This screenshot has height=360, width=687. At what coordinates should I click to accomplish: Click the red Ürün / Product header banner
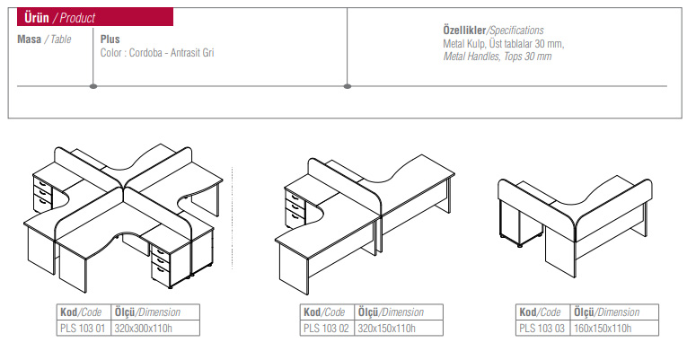(x=95, y=17)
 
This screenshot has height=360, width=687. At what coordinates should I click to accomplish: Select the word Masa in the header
(x=30, y=40)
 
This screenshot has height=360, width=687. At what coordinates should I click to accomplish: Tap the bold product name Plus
(x=110, y=40)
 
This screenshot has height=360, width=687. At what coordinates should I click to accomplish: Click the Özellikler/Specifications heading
(x=493, y=31)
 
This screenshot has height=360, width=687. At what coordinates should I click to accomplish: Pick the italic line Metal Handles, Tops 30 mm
(x=498, y=57)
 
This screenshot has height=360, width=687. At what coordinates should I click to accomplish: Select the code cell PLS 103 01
(x=83, y=329)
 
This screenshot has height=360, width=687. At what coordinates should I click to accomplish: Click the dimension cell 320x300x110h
(x=144, y=329)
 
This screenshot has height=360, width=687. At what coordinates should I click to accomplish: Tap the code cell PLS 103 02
(x=326, y=329)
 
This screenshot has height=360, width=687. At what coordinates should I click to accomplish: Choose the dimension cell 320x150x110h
(x=387, y=329)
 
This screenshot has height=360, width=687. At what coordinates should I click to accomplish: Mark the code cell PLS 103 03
(x=542, y=329)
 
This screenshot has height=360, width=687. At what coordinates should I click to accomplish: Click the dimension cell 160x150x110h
(x=603, y=329)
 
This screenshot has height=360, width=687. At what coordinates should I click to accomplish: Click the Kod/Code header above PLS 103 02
(x=324, y=312)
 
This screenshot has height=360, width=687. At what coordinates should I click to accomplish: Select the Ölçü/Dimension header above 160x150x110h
(x=607, y=312)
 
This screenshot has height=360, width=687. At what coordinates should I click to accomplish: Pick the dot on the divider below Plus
(x=93, y=86)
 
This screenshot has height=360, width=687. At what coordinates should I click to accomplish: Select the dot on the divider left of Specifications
(x=348, y=86)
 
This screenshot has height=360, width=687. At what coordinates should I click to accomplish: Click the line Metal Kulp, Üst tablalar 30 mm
(x=504, y=44)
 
